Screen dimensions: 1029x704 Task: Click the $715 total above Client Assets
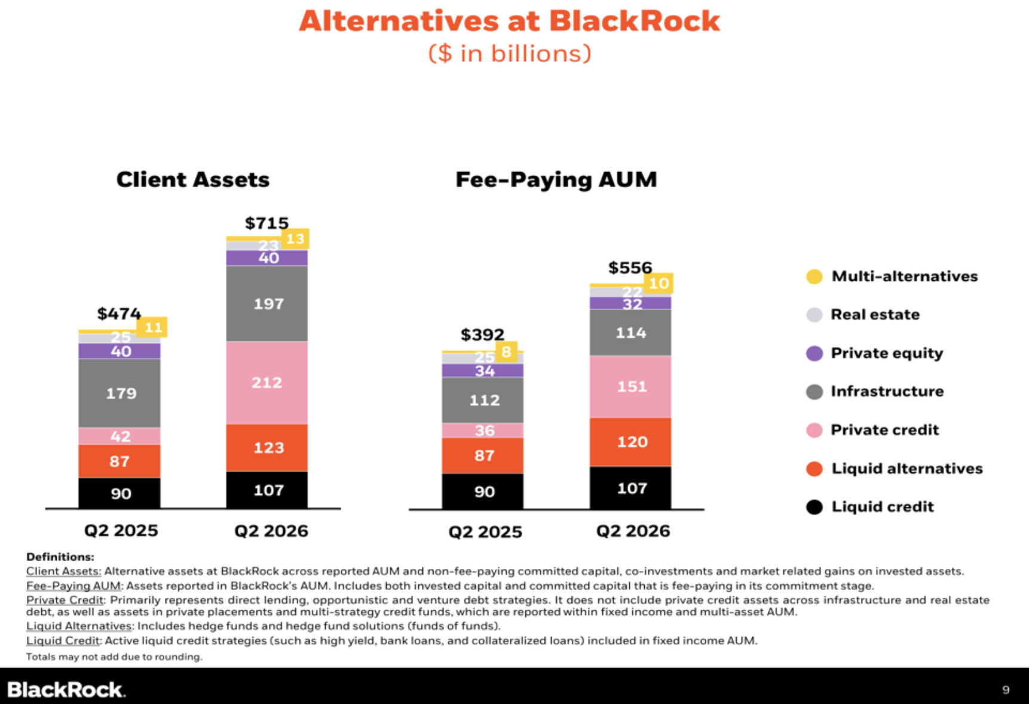tap(267, 223)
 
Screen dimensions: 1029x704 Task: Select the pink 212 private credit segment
tap(267, 382)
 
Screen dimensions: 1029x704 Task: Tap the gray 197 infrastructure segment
tap(267, 304)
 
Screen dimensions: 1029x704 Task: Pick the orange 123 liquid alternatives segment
tap(267, 448)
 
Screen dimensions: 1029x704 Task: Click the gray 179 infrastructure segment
tap(120, 393)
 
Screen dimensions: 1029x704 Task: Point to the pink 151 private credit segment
tap(630, 387)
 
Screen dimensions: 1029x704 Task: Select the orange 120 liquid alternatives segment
tap(630, 442)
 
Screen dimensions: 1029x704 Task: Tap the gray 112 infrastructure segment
tap(483, 400)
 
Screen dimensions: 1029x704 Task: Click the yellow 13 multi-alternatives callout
tap(295, 238)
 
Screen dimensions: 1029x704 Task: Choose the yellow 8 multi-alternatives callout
tap(507, 351)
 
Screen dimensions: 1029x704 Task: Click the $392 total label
tap(482, 335)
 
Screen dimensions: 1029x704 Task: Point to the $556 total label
tap(630, 268)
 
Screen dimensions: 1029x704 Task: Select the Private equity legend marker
tap(814, 353)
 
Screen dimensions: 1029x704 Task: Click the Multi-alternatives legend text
tap(905, 276)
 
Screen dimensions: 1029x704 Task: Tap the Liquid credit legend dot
tap(814, 507)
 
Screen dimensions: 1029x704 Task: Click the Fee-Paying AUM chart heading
tap(556, 179)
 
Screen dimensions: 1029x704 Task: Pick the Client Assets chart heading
tap(193, 179)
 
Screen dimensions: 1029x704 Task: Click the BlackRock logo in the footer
tap(66, 690)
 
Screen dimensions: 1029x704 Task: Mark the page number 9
tap(1006, 690)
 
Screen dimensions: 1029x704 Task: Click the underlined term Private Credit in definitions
tap(65, 600)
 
